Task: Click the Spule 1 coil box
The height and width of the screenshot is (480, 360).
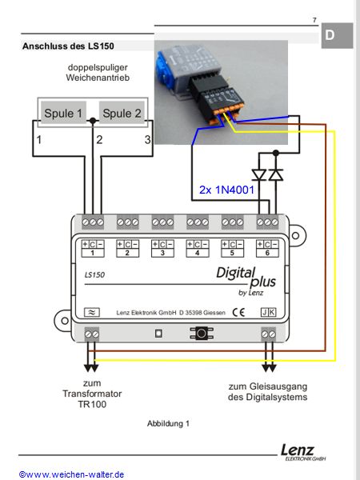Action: coord(63,113)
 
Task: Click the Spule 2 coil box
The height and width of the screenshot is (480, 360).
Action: coord(122,113)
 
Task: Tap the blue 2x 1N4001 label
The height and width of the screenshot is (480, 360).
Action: coord(226,190)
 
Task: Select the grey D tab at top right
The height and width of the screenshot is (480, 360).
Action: coord(337,35)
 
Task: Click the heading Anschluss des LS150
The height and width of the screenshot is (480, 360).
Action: coord(68,46)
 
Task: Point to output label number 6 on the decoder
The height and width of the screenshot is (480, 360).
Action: coord(267,253)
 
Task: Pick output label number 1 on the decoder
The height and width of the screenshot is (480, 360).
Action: coord(93,253)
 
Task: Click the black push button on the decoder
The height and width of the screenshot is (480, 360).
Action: coord(201,334)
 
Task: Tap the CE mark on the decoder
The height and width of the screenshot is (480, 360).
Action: coord(238,312)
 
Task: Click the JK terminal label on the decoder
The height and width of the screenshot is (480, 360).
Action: coord(268,312)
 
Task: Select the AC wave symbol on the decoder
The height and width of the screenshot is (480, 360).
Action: coord(92,312)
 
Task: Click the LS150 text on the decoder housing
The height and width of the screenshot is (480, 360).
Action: coord(94,275)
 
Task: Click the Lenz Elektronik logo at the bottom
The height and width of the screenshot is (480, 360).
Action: coord(303,453)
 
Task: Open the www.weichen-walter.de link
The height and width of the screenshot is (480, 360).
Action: coord(72,474)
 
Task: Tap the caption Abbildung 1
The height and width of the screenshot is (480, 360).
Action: coord(168,424)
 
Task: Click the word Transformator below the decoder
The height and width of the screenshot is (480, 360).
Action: coord(92,394)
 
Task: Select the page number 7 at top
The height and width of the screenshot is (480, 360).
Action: coord(314,20)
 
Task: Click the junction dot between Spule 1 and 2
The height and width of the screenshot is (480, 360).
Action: coord(93,121)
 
